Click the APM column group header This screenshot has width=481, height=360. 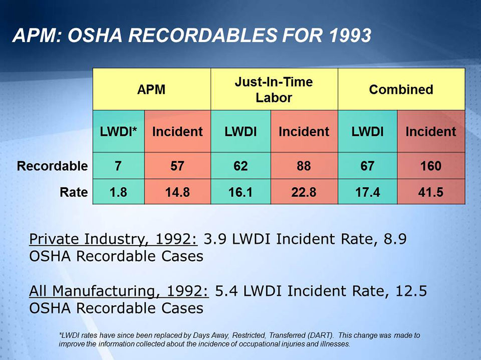pos(151,90)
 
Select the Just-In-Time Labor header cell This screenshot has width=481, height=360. pos(274,90)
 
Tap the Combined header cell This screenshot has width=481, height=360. pos(401,90)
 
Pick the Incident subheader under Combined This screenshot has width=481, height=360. pos(431,132)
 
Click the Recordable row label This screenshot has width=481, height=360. pos(53,166)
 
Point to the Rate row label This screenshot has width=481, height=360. pos(74,192)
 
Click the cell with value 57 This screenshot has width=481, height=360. pos(177,166)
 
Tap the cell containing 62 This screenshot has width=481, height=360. pos(241,166)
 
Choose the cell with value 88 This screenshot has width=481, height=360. pos(304,166)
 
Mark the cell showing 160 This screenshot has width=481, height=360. pos(431,166)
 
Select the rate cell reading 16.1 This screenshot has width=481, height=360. pos(241,192)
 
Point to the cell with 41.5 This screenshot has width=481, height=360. pos(431,192)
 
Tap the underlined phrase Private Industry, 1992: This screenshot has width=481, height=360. pos(114,239)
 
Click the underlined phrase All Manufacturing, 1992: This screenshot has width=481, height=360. pos(120,291)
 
